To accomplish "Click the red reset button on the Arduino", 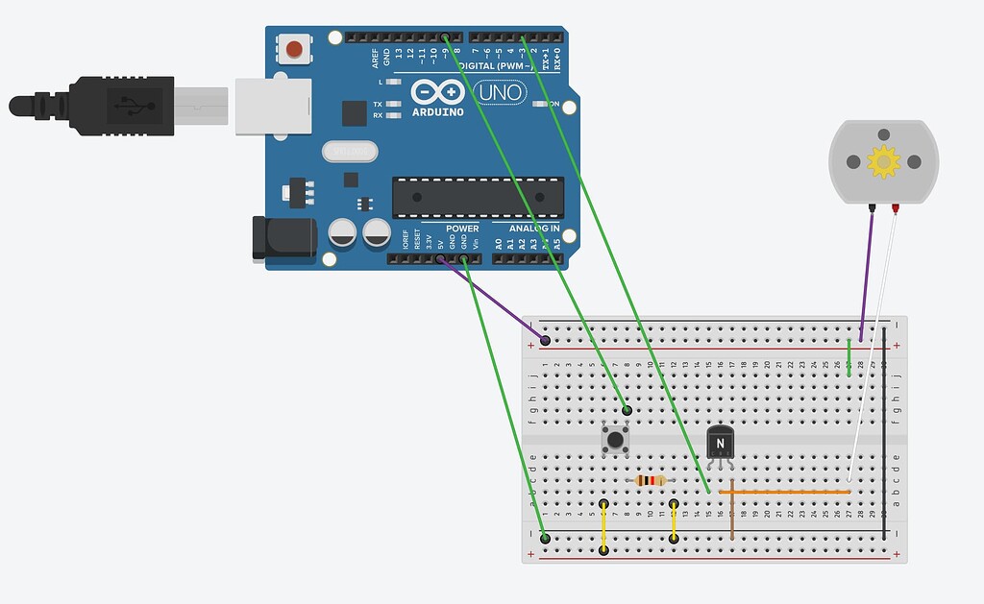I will tap(294, 48).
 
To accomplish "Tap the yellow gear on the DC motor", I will tap(883, 162).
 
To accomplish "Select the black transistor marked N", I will tap(720, 443).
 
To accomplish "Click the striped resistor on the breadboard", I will tap(652, 480).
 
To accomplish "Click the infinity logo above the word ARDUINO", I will tap(438, 93).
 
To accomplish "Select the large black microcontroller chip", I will tap(477, 197).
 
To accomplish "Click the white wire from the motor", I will tap(873, 346).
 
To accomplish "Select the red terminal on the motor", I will tap(896, 207).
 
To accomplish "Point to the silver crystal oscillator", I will tap(350, 152).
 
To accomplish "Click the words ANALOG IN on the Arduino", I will tap(527, 229).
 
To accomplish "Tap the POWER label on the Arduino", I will tap(462, 229).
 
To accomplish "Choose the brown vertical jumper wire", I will tap(732, 509).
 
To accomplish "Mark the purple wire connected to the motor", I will tap(867, 274).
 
